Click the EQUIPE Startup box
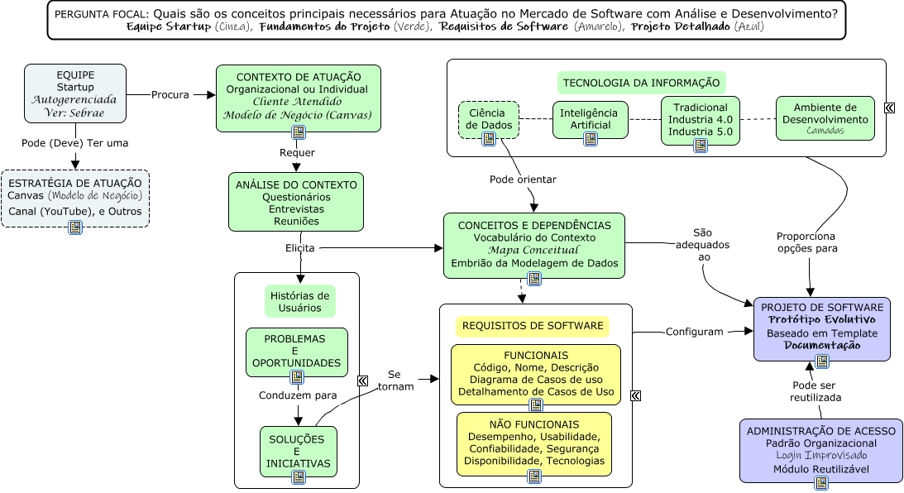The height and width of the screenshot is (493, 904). click(75, 93)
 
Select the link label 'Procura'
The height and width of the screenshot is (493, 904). click(170, 94)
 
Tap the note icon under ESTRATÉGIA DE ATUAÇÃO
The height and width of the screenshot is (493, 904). click(75, 227)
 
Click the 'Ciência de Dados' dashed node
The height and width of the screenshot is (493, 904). click(489, 118)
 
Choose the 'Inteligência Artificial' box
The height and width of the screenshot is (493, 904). click(590, 118)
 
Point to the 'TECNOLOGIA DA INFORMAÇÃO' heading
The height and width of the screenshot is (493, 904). click(641, 83)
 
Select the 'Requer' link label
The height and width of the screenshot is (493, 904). click(297, 152)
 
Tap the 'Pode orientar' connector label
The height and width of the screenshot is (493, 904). click(523, 179)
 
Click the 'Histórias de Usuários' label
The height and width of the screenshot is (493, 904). click(299, 301)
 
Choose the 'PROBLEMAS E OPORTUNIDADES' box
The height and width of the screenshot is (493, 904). click(296, 352)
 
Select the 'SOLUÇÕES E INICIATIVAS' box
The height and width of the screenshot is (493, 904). click(298, 451)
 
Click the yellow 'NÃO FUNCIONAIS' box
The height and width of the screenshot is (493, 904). click(534, 443)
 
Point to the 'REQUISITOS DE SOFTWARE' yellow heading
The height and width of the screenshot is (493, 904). click(532, 326)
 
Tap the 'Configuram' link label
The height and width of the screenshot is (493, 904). click(695, 332)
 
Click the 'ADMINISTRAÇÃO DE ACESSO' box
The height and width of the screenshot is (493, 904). click(820, 450)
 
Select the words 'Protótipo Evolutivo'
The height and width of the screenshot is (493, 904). click(821, 319)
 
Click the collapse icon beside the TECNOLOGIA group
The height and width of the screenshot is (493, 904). click(889, 108)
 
